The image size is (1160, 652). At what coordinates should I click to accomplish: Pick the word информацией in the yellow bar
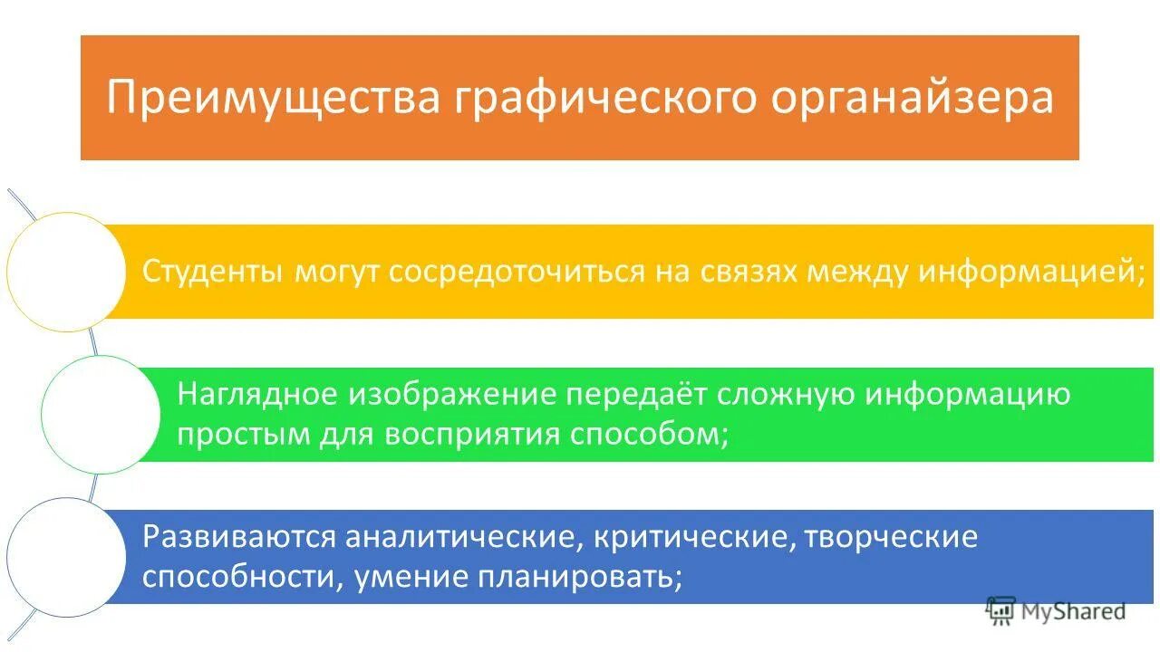pyautogui.click(x=1029, y=272)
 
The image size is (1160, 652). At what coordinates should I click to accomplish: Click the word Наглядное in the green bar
pyautogui.click(x=258, y=395)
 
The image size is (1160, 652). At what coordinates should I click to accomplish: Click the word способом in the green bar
pyautogui.click(x=649, y=435)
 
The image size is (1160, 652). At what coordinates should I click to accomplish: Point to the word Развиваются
pyautogui.click(x=239, y=537)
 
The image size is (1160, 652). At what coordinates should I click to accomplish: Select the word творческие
pyautogui.click(x=891, y=537)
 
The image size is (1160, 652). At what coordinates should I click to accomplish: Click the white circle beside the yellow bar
pyautogui.click(x=66, y=272)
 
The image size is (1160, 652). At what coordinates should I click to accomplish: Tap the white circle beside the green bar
pyautogui.click(x=101, y=415)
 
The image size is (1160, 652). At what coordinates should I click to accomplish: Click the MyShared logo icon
pyautogui.click(x=1000, y=611)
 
